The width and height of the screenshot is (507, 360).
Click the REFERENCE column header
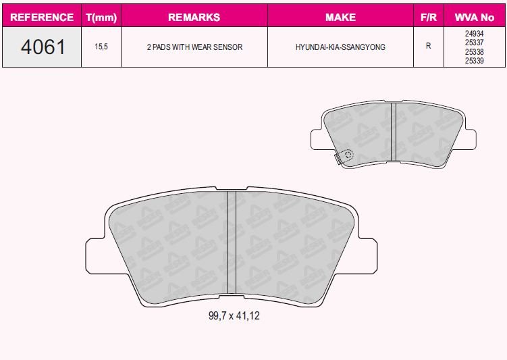click(42, 17)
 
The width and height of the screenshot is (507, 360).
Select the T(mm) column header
click(101, 18)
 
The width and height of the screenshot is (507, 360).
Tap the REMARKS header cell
click(194, 17)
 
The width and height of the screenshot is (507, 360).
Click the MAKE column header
click(340, 17)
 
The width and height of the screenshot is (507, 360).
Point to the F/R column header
click(429, 17)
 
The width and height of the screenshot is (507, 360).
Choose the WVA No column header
click(475, 17)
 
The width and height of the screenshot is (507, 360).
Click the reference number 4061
click(43, 47)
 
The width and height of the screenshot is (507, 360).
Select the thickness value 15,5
click(101, 47)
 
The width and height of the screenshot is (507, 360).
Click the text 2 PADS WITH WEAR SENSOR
click(194, 47)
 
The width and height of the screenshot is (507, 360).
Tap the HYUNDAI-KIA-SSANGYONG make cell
click(340, 47)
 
